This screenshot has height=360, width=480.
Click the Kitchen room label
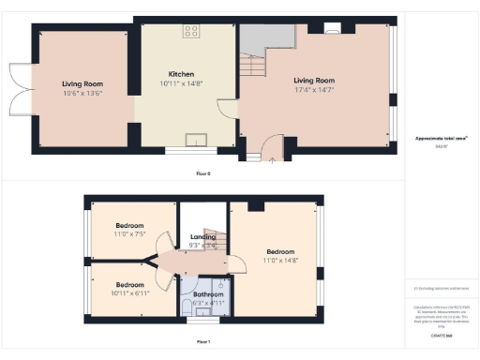pos(181,74)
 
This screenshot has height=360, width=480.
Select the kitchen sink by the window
pos(196,141)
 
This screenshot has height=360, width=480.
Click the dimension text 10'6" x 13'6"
pos(82,93)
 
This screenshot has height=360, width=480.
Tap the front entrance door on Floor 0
pos(271,147)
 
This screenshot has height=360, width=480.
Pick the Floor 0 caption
pos(202,174)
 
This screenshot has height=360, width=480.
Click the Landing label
pos(202,236)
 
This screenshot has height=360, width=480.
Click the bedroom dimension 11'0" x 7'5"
pos(130,234)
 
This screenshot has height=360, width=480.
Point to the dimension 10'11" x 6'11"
pos(130,293)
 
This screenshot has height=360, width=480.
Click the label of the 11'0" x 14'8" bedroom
pos(280,251)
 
